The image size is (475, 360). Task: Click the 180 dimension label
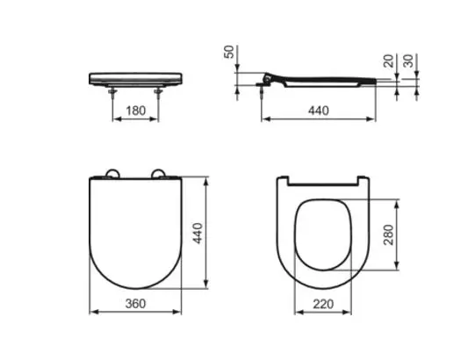136,111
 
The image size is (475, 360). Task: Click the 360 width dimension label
136,303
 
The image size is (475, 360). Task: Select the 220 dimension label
323,304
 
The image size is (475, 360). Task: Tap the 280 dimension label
388,234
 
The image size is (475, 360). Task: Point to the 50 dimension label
229,52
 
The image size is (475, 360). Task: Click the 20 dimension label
389,61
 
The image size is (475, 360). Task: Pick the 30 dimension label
408,61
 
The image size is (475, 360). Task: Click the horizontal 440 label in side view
319,111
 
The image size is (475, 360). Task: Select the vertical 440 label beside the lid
198,233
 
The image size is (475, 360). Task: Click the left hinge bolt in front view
112,93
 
